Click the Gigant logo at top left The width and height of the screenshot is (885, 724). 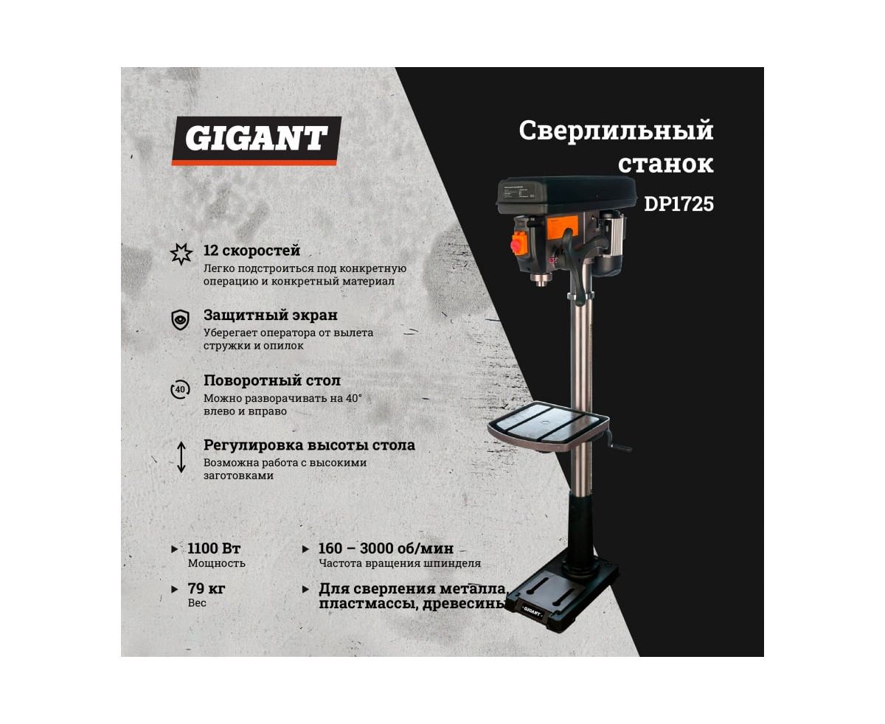[x=256, y=141]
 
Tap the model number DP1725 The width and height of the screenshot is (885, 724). [x=678, y=204]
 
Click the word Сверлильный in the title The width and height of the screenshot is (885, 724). [x=616, y=130]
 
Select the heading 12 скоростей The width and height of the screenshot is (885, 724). [x=251, y=251]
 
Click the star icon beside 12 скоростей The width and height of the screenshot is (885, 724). [x=181, y=254]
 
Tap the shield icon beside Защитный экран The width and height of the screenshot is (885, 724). [x=181, y=320]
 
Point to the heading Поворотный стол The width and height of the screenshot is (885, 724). [x=272, y=380]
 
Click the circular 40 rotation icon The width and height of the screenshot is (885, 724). [x=180, y=390]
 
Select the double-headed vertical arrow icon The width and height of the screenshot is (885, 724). [x=181, y=457]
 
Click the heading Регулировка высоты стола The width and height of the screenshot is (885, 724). [x=309, y=445]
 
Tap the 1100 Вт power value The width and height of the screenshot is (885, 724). [x=214, y=549]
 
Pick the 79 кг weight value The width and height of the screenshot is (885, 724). [x=206, y=588]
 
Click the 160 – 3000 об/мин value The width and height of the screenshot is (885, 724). [x=386, y=549]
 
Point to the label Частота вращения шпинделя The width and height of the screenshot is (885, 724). [x=400, y=563]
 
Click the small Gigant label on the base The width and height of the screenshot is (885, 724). [x=532, y=613]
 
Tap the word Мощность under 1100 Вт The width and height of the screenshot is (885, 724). [x=217, y=563]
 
